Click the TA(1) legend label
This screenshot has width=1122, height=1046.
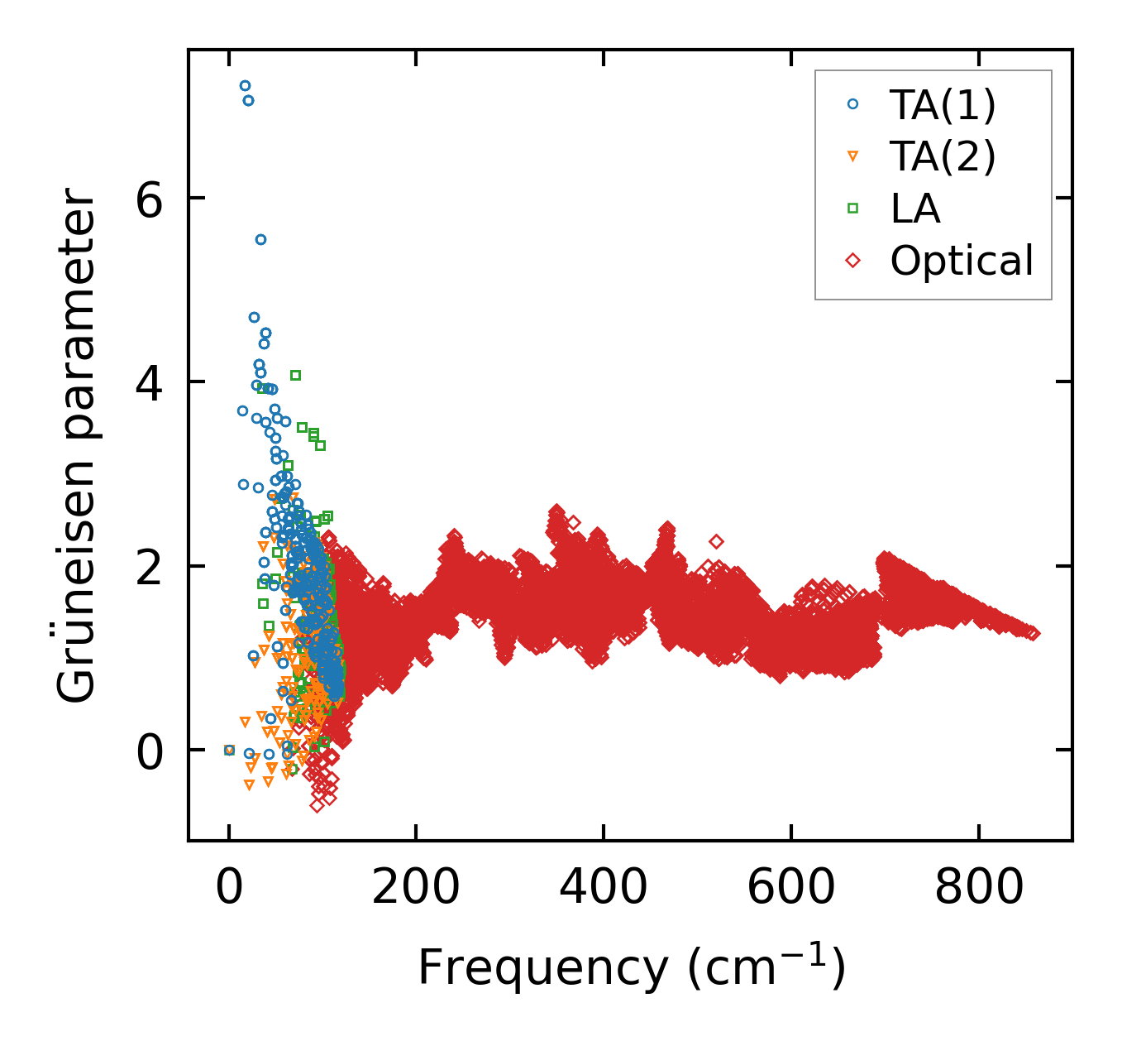click(x=943, y=105)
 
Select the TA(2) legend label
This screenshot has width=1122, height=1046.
click(x=943, y=156)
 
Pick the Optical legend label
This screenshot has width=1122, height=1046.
click(x=962, y=261)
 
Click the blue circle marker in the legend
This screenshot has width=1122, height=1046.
click(x=853, y=105)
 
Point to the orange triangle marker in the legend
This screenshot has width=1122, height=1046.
click(x=853, y=156)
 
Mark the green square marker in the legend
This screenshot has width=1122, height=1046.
click(x=853, y=209)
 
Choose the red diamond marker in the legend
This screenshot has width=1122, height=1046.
click(x=853, y=261)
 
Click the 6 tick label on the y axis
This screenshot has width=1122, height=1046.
click(x=150, y=199)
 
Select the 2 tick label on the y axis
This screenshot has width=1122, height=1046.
click(x=150, y=567)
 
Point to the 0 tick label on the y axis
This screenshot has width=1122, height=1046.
click(x=150, y=751)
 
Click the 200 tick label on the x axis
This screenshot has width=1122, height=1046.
click(x=416, y=888)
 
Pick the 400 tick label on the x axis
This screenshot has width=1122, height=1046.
click(x=604, y=888)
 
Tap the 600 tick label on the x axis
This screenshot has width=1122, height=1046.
click(x=791, y=888)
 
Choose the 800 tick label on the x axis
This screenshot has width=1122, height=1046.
click(x=979, y=888)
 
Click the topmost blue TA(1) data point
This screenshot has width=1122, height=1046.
click(x=245, y=85)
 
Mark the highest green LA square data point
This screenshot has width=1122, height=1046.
click(x=295, y=375)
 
